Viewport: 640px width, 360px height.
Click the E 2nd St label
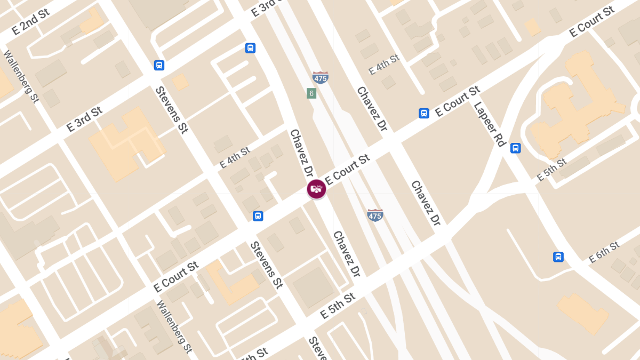point(30,22)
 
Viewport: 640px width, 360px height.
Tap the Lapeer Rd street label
point(490,124)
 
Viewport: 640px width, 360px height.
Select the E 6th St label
point(604,252)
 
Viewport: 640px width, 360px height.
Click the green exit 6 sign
point(311,93)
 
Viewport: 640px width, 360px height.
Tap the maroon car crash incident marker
point(316,189)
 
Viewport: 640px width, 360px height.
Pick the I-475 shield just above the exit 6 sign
point(320,77)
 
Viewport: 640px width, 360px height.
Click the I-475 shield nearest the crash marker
point(375,215)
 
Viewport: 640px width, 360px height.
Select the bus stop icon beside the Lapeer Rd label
point(515,148)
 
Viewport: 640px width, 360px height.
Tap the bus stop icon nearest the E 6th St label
point(558,257)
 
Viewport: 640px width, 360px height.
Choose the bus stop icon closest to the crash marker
point(258,216)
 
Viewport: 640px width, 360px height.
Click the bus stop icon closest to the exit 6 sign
point(250,48)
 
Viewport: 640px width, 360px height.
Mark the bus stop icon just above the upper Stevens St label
point(159,65)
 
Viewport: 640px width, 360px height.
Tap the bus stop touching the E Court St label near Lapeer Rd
point(424,113)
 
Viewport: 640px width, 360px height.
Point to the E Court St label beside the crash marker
point(347,170)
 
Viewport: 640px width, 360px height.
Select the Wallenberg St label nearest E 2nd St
point(22,76)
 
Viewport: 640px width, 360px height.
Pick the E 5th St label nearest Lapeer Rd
point(551,170)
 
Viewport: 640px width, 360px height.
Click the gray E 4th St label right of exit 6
point(384,65)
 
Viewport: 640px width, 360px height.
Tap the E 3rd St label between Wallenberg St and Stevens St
point(84,119)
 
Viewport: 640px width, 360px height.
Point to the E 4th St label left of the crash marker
point(235,158)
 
